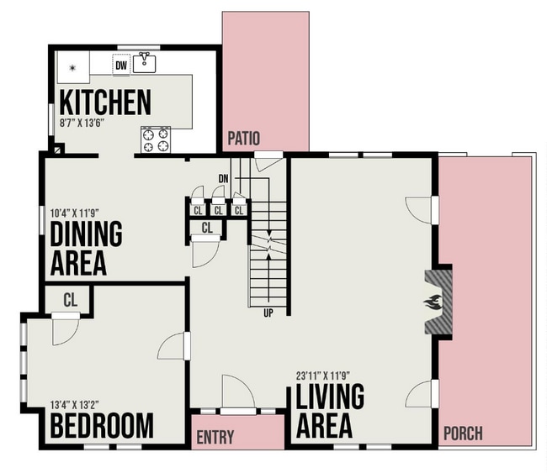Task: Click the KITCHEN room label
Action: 105,102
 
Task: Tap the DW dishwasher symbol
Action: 121,65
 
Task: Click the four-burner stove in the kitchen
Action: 155,139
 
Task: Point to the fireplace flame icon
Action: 433,303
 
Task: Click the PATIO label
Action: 244,138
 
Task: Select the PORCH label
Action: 462,434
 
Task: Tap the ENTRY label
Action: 215,438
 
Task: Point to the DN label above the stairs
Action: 223,178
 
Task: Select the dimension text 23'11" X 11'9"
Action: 329,376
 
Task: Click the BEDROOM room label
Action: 102,426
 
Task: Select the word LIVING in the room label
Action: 329,397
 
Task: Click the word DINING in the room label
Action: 86,234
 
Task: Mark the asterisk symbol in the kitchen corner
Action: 73,66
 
